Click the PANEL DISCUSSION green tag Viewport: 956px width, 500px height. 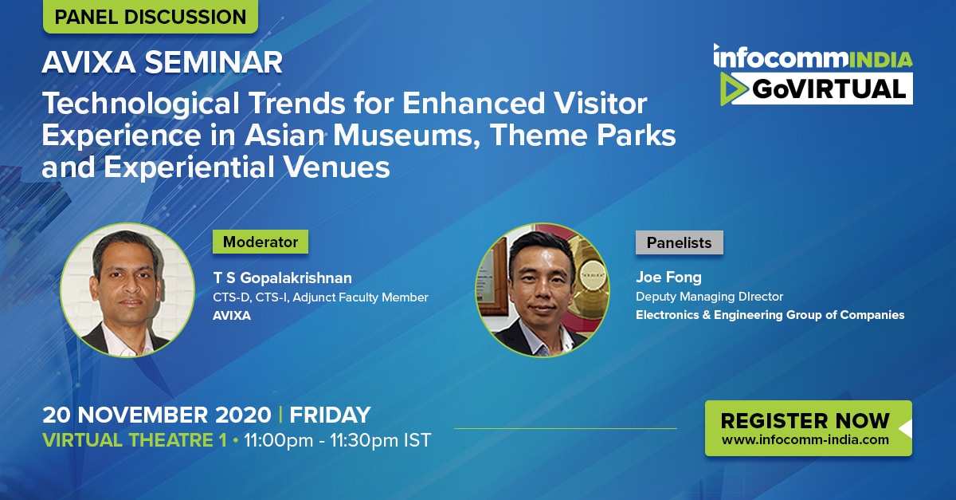point(151,16)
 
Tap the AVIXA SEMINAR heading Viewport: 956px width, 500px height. point(163,62)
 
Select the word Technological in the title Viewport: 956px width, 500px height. point(140,104)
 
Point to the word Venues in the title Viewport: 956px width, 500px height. point(337,167)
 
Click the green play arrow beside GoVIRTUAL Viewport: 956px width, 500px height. point(733,89)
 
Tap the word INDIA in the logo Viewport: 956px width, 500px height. point(881,60)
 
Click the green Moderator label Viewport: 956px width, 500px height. point(261,242)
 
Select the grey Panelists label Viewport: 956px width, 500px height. point(679,242)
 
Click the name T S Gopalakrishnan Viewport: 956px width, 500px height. point(283,278)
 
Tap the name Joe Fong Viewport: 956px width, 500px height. point(668,278)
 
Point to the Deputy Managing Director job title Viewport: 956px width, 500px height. point(709,297)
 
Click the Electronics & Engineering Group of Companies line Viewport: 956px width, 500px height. point(770,315)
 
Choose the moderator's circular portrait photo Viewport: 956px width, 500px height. point(127,289)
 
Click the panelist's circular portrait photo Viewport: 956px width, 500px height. point(543,289)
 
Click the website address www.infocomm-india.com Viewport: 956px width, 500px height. point(805,439)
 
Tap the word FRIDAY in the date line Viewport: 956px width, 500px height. point(330,415)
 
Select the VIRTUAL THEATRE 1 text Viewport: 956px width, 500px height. point(135,440)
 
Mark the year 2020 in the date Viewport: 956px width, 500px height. point(243,415)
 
